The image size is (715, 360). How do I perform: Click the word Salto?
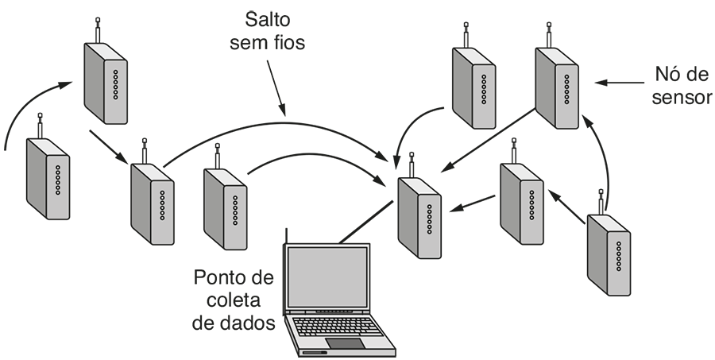(266, 17)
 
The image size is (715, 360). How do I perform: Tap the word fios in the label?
(288, 43)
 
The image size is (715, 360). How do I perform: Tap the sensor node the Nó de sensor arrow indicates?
(557, 87)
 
